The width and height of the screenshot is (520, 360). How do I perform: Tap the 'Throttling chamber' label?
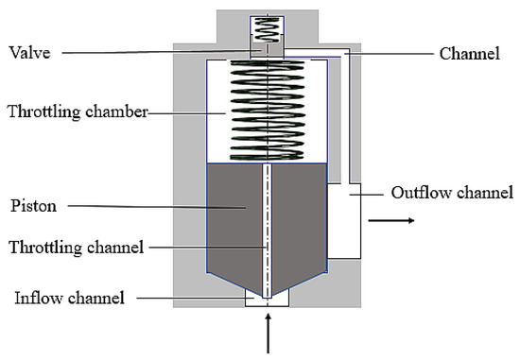pos(76,111)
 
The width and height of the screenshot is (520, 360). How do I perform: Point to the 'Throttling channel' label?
pos(75,248)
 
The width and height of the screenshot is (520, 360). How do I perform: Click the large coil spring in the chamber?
pos(269,109)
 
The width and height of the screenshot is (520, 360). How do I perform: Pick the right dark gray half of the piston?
pos(301,217)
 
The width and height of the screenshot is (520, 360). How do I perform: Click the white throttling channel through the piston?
pos(269,227)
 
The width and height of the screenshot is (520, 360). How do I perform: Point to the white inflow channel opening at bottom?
pos(268,299)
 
